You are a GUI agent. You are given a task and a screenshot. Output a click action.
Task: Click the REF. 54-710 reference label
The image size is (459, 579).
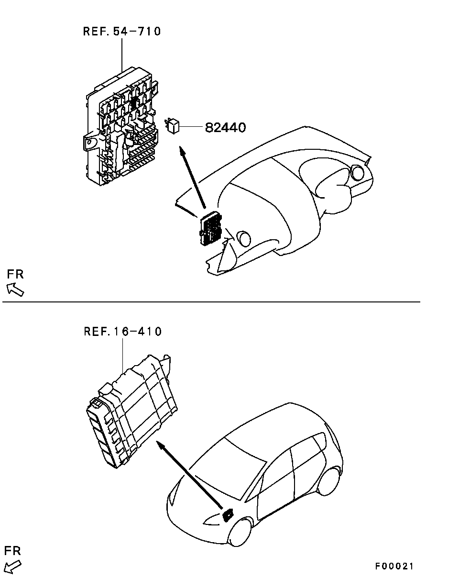(x=122, y=31)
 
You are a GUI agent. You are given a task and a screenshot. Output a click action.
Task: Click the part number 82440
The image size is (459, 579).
(x=225, y=128)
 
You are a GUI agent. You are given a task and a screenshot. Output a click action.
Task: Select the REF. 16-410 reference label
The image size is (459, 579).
(x=122, y=332)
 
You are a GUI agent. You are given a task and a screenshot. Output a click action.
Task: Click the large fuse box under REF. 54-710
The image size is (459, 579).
(x=121, y=126)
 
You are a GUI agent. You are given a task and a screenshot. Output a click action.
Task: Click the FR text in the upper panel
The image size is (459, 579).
(x=15, y=275)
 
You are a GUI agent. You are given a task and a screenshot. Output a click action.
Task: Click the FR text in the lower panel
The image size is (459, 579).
(x=12, y=551)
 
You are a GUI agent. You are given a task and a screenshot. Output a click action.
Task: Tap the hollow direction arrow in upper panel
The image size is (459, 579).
(x=15, y=289)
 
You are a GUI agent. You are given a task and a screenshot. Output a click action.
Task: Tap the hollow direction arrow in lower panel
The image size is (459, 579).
(x=12, y=566)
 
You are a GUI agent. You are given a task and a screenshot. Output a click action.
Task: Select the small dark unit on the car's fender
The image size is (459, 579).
(x=228, y=515)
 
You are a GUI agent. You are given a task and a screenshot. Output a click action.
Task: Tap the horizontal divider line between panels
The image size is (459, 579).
(x=211, y=302)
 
